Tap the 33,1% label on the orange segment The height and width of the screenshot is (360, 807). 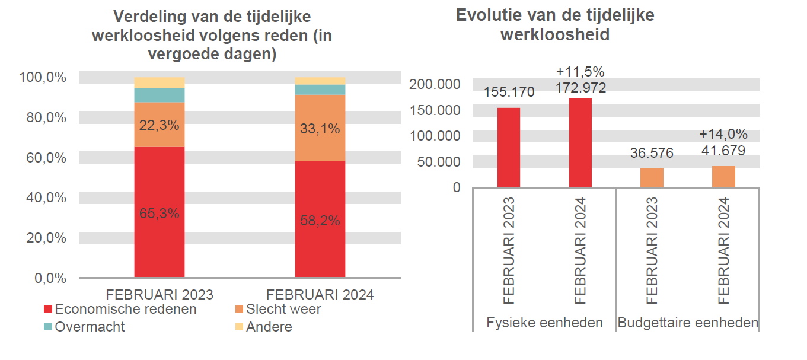coord(320,129)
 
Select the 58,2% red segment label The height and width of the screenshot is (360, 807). coord(320,221)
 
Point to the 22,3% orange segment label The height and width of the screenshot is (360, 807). coord(159,125)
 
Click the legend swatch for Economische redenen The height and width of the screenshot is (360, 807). coord(48,310)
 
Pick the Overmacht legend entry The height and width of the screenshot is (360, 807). coord(90,327)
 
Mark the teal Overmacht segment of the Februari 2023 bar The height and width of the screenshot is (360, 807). coord(160,95)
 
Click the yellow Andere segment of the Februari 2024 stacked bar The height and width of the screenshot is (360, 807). coord(320,81)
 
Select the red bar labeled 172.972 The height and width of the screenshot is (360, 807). coord(580,143)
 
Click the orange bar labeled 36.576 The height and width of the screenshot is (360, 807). coord(652,178)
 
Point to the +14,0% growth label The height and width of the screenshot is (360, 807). coord(723,134)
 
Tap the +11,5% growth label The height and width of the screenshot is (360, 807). coord(580,72)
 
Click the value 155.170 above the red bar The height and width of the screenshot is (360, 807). coord(509,92)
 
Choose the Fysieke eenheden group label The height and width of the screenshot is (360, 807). coord(544,323)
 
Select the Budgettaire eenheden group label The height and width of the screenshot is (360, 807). coord(688,323)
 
